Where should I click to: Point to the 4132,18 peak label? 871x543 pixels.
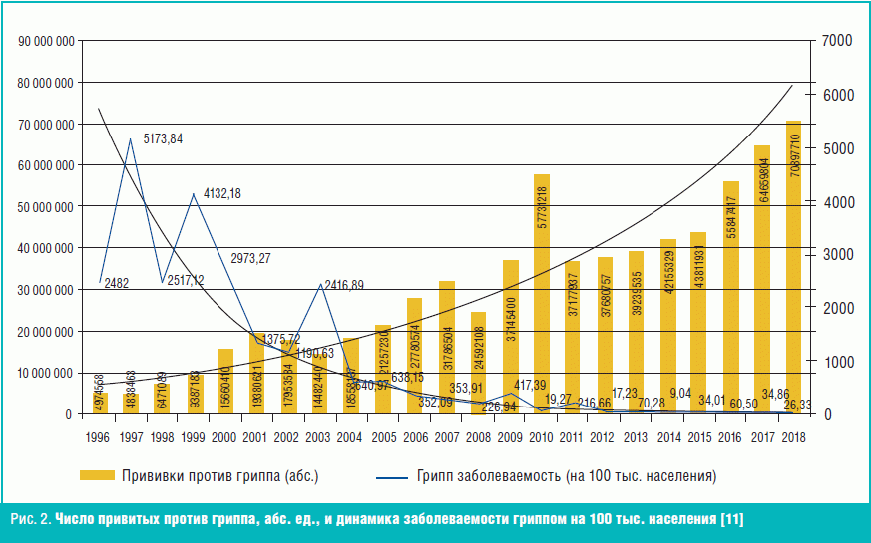click(221, 192)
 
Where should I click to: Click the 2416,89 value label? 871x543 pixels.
click(343, 285)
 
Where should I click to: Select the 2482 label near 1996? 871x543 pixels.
click(115, 283)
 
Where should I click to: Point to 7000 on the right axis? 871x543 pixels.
click(835, 41)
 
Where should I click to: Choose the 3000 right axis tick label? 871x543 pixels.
click(835, 255)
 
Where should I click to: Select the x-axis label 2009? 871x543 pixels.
click(510, 435)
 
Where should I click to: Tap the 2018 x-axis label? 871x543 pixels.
click(794, 435)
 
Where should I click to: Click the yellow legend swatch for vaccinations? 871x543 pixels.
click(97, 476)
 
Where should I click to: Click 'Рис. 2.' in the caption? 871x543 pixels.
click(29, 520)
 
